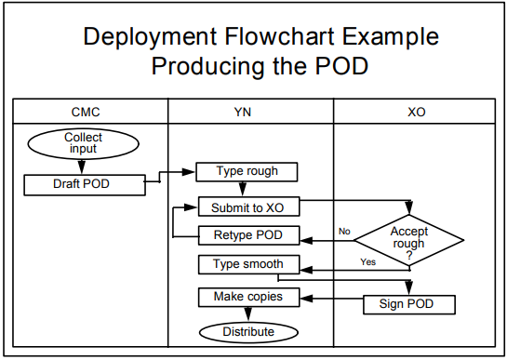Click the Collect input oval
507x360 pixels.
(83, 143)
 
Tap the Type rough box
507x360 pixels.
(248, 171)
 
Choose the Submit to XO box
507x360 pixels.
(248, 207)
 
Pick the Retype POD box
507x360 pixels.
(248, 234)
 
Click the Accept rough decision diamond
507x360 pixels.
(408, 238)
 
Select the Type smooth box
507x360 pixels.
(248, 264)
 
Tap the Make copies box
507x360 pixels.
(248, 298)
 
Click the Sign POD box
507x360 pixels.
(408, 304)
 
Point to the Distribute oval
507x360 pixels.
(248, 331)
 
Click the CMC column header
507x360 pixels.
(86, 112)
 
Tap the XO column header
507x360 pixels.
(417, 112)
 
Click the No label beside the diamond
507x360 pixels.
(344, 231)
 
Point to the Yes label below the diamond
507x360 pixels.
(367, 262)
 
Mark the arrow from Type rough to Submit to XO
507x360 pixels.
(248, 189)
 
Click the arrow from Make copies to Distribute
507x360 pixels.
(248, 314)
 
